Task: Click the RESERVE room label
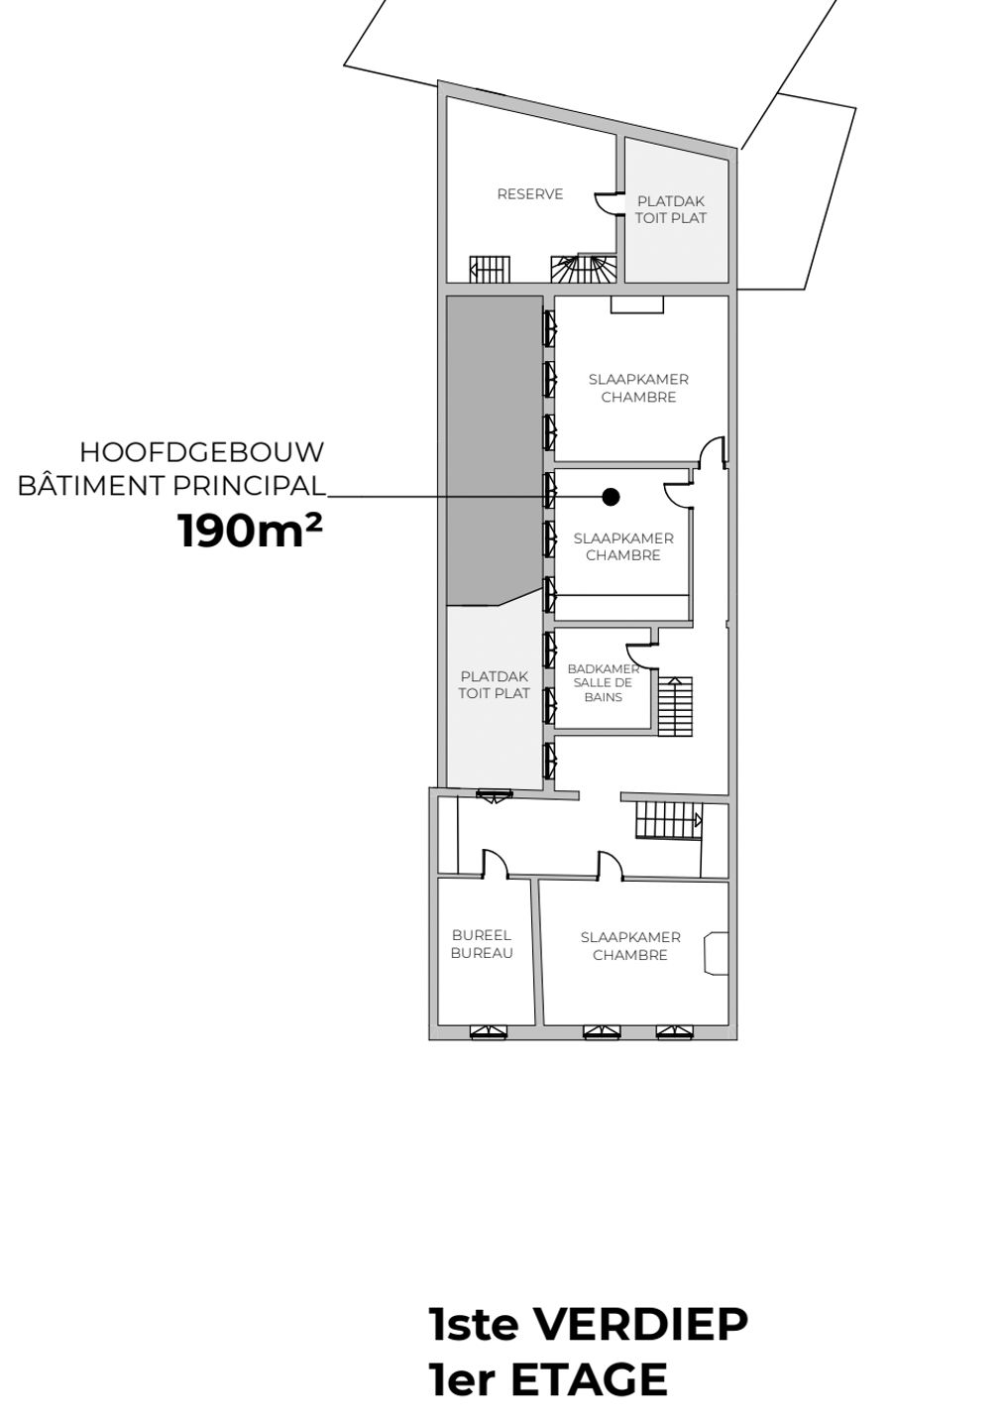(530, 193)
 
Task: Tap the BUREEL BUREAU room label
(482, 944)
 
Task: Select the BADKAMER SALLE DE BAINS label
(603, 682)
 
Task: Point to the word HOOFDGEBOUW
(202, 452)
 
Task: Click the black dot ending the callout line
(611, 496)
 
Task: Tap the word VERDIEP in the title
(638, 1324)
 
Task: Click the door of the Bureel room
(495, 864)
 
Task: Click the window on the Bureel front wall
(489, 1031)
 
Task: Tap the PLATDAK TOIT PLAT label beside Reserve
(670, 210)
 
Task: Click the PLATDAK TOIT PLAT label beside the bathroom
(494, 684)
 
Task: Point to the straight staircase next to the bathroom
(675, 706)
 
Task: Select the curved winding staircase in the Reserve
(584, 269)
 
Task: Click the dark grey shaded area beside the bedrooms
(494, 449)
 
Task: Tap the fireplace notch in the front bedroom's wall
(716, 953)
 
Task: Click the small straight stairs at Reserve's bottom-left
(490, 269)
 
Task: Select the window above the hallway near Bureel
(495, 795)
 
